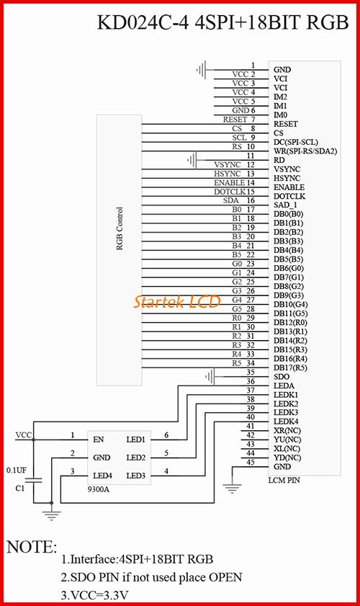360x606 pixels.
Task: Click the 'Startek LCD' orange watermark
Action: [x=177, y=301]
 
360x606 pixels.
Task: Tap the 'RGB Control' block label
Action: [x=120, y=229]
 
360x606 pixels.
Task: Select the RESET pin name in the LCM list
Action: [x=285, y=124]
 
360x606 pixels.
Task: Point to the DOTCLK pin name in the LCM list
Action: [x=289, y=196]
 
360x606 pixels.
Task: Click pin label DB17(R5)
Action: [x=290, y=367]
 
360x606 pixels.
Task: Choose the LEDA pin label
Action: [x=284, y=386]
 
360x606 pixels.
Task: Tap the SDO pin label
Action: [x=282, y=377]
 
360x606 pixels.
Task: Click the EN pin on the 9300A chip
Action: [x=99, y=440]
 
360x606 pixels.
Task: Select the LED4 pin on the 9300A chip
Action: [x=102, y=476]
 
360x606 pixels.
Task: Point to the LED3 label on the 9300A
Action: [x=135, y=476]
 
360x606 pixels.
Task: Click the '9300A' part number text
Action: [x=98, y=489]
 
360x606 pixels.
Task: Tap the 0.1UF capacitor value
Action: [x=17, y=471]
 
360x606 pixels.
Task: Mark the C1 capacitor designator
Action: [x=20, y=488]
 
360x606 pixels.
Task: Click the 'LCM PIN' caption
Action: [x=284, y=481]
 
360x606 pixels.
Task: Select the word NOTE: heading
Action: [x=32, y=547]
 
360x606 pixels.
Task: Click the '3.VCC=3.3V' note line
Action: [x=94, y=596]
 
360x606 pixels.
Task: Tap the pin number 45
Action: [x=251, y=462]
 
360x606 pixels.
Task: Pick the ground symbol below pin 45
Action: [x=232, y=489]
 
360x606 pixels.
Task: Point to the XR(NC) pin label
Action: [x=287, y=430]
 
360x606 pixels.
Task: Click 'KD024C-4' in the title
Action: [x=143, y=23]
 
